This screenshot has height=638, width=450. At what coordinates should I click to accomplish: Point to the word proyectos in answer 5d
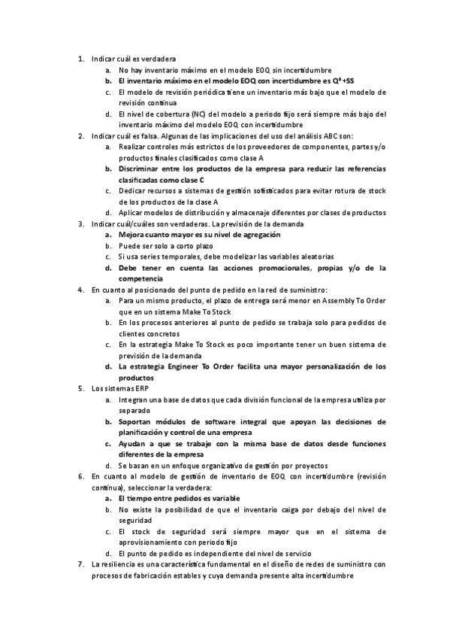(313, 466)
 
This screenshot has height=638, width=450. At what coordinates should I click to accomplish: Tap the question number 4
(80, 290)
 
